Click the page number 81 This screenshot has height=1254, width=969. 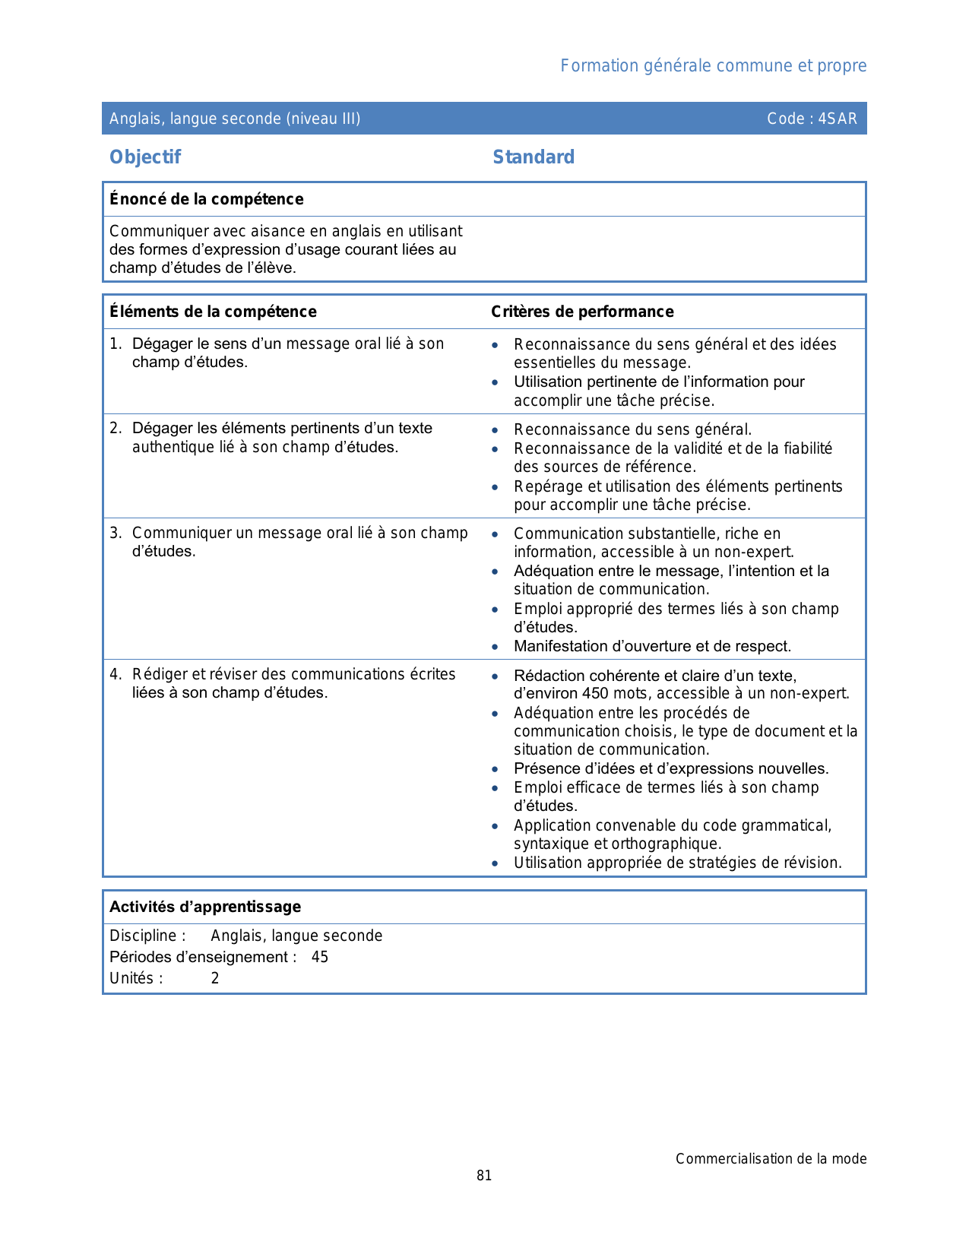(x=484, y=1176)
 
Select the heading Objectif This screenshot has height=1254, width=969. (x=145, y=157)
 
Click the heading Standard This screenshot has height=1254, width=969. (x=534, y=157)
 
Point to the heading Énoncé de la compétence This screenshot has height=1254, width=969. (x=206, y=199)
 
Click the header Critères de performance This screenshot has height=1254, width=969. (x=582, y=312)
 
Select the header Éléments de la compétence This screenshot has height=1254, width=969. (x=213, y=312)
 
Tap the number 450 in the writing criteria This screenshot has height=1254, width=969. (x=596, y=693)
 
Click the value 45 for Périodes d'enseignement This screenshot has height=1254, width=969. (x=320, y=957)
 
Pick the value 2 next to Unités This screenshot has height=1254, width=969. (x=215, y=978)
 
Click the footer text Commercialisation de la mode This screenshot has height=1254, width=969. (x=771, y=1159)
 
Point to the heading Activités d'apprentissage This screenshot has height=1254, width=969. (x=205, y=907)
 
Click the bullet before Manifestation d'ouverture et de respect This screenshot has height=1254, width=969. (x=496, y=647)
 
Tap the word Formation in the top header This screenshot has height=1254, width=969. (x=589, y=66)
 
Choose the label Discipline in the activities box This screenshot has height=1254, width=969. (x=144, y=936)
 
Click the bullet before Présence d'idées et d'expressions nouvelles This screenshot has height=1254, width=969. (x=496, y=769)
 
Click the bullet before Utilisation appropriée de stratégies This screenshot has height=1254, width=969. (x=496, y=863)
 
